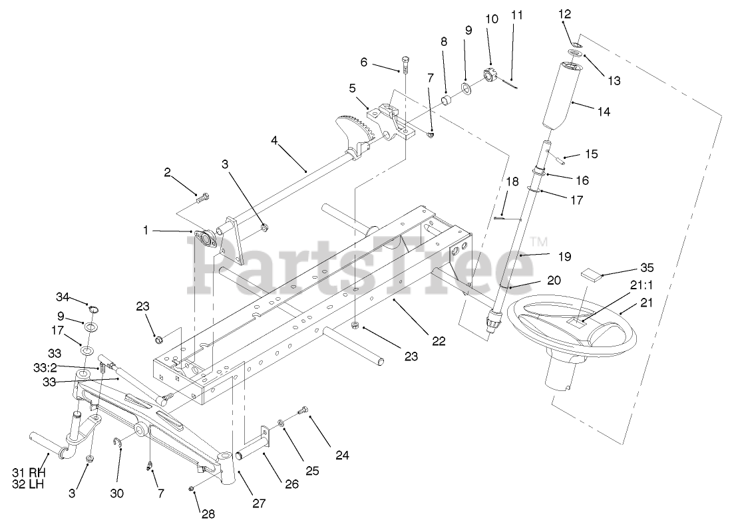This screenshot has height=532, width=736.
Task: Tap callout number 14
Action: coord(604,112)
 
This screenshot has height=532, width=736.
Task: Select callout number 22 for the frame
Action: coord(438,341)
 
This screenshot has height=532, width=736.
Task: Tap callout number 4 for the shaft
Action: coord(275,140)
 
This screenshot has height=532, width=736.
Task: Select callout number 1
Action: coord(146,230)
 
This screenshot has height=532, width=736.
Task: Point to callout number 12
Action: coord(564,13)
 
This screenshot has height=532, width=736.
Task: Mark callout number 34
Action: coord(62,296)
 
